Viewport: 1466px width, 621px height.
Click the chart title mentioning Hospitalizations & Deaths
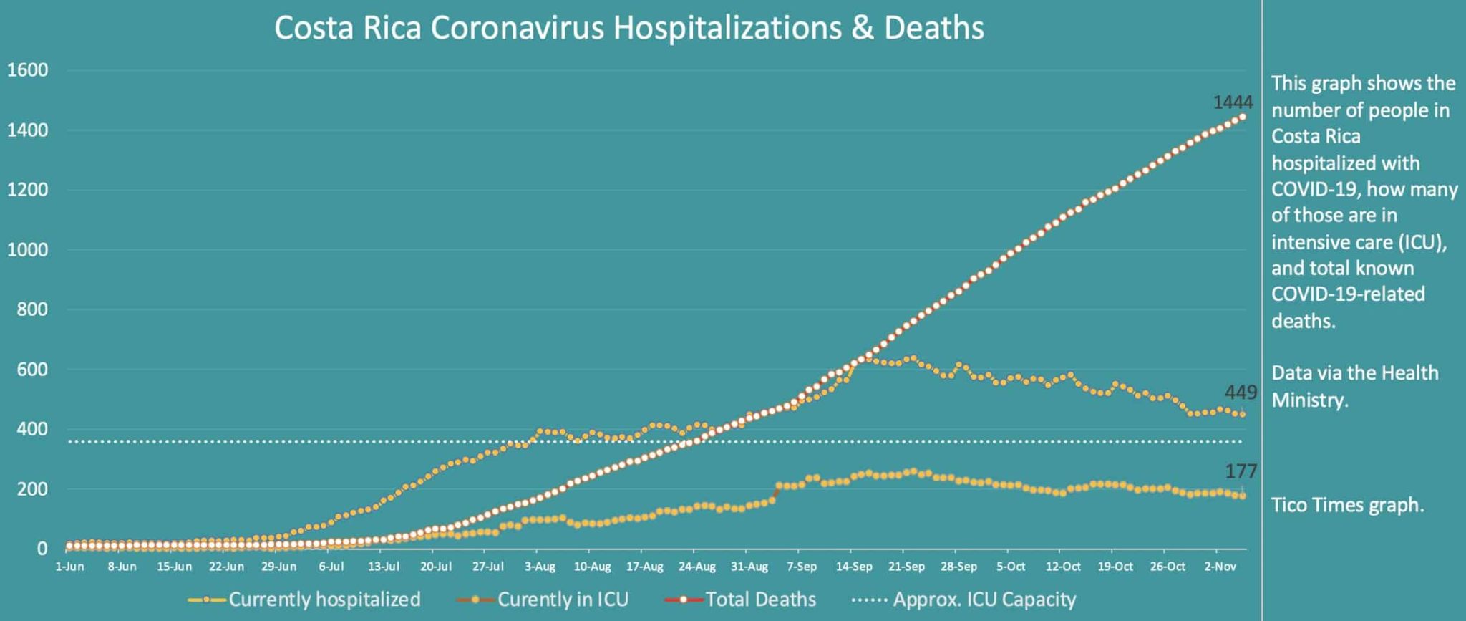(x=628, y=29)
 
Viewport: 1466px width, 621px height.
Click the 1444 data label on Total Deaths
(x=1233, y=102)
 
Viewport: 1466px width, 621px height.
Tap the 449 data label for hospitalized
(x=1241, y=393)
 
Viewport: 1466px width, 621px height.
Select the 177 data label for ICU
(x=1241, y=471)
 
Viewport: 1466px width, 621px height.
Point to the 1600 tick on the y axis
(x=28, y=70)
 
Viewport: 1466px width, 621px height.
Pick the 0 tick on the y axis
(x=42, y=549)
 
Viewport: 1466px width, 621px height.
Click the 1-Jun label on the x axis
(x=69, y=567)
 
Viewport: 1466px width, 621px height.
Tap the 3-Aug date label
(x=540, y=567)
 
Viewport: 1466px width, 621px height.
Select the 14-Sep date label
(x=853, y=567)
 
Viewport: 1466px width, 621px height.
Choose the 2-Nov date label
(x=1220, y=567)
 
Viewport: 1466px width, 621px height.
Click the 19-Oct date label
(x=1115, y=567)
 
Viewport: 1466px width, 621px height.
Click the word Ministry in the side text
(x=1309, y=400)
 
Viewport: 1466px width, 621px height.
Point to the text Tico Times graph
(x=1347, y=505)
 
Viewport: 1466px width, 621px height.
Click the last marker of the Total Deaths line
(x=1242, y=117)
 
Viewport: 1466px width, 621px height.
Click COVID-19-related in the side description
(x=1348, y=294)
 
